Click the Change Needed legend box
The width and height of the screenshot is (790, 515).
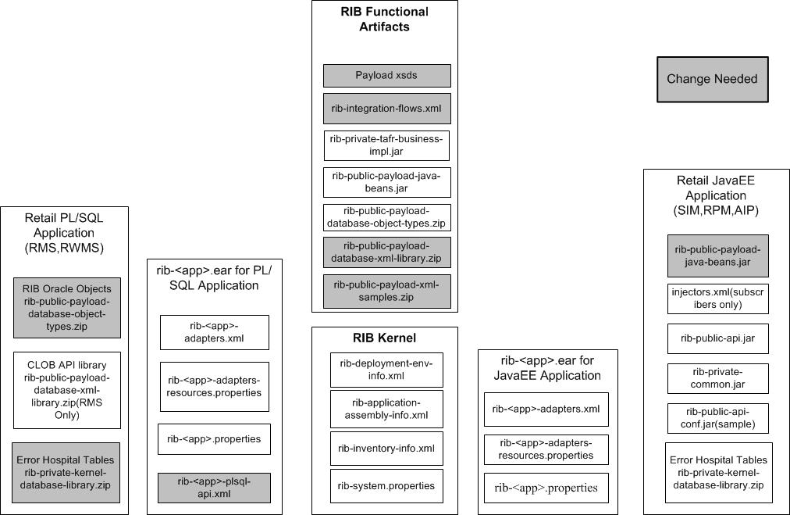coord(712,79)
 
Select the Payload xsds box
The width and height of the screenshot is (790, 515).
coord(386,76)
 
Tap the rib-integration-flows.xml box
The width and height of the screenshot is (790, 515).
coord(386,109)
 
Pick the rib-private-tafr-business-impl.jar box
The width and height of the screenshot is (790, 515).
coord(386,145)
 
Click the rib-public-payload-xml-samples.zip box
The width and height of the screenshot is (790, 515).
coord(386,290)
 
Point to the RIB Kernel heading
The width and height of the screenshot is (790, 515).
coord(384,338)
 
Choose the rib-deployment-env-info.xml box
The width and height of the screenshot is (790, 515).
coord(386,370)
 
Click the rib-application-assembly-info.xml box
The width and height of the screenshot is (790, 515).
coord(386,409)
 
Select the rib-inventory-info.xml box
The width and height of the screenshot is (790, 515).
coord(386,449)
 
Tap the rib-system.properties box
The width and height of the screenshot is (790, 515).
coord(386,486)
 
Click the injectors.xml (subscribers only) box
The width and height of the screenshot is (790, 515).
coord(717,299)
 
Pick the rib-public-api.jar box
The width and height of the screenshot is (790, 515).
coord(717,338)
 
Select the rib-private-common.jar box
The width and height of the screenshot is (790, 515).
coord(717,378)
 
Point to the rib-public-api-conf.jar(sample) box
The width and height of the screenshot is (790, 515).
coord(717,418)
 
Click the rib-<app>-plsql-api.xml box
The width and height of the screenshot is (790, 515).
coord(215,488)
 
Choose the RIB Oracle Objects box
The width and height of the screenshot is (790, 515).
coord(67,307)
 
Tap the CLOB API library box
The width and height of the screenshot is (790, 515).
coord(67,390)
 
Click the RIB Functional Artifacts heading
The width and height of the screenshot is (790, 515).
coord(384,19)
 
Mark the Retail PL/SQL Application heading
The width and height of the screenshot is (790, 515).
coord(64,233)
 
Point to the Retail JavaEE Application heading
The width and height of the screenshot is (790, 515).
coord(716,195)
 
